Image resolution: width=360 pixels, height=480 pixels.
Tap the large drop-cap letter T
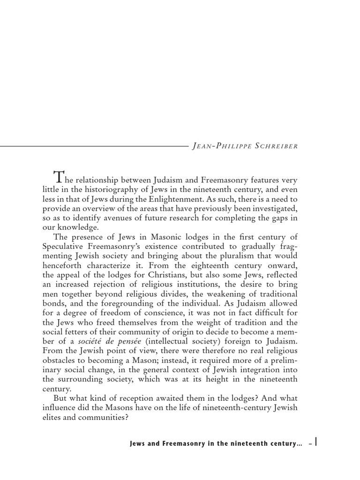pos(59,177)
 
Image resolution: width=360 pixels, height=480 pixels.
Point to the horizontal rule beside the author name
pos(94,146)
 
